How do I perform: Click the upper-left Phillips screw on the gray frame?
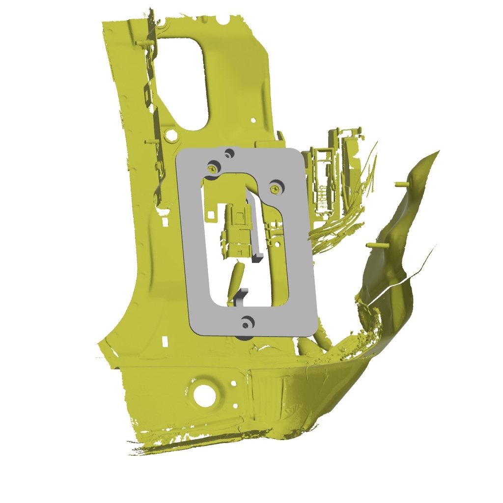coord(213,167)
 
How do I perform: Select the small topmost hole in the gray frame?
coord(228,153)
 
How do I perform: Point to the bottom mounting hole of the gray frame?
coord(246,323)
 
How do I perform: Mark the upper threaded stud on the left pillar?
coord(142,44)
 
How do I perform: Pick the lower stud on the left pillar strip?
coord(150,142)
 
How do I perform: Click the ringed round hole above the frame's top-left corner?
coord(170,134)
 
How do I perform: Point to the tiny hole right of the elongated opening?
coord(252,120)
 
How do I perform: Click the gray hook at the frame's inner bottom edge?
coord(240,295)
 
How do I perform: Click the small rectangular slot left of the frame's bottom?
coord(166,340)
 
